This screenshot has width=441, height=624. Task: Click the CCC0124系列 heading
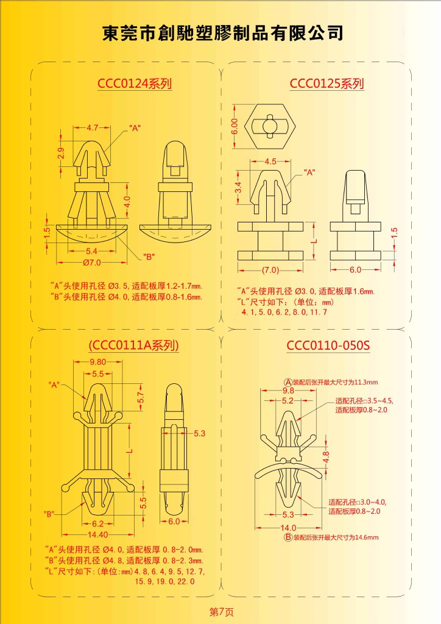[x=135, y=83]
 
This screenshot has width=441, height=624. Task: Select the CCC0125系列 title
[x=326, y=83]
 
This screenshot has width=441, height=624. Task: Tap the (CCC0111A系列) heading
[x=133, y=345]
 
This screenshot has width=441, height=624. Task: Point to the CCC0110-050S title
[x=328, y=345]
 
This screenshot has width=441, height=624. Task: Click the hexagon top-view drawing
[x=270, y=126]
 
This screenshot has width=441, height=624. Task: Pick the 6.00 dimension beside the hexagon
[x=235, y=126]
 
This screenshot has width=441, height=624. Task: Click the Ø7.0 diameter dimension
[x=92, y=263]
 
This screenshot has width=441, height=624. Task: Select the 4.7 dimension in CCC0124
[x=92, y=128]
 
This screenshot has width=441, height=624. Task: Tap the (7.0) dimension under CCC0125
[x=270, y=270]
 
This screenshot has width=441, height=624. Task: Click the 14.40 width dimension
[x=98, y=534]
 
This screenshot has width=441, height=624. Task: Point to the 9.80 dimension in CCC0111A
[x=98, y=362]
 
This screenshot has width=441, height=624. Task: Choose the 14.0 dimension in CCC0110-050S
[x=288, y=528]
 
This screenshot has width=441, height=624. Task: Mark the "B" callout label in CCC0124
[x=149, y=257]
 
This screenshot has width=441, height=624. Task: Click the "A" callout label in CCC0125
[x=309, y=172]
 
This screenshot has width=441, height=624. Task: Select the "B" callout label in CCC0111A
[x=49, y=514]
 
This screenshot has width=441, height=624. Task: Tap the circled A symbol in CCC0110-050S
[x=288, y=383]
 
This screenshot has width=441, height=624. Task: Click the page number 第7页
[x=222, y=612]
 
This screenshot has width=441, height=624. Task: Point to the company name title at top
[x=223, y=33]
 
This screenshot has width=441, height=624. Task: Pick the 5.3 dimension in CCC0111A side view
[x=200, y=433]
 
